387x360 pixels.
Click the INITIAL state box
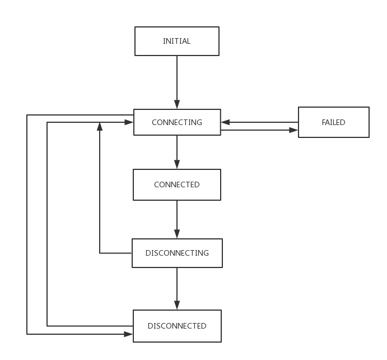(x=176, y=41)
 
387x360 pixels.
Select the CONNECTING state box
(x=177, y=122)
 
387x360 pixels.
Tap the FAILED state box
(x=333, y=122)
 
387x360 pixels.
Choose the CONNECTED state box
(x=177, y=184)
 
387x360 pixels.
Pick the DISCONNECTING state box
(x=177, y=253)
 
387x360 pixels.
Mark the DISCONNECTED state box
(x=177, y=326)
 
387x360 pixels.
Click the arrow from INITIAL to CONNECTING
(x=177, y=79)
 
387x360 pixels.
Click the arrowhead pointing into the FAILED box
(x=294, y=130)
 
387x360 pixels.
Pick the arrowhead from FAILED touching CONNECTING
(x=225, y=122)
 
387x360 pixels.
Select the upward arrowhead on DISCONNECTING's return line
(x=100, y=126)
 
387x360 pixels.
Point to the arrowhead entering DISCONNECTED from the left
(x=129, y=334)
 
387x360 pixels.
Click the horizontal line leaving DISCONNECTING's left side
(x=116, y=253)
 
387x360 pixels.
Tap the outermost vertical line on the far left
(x=27, y=224)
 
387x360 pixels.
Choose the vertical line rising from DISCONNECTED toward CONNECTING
(x=47, y=224)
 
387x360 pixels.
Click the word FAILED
(x=333, y=122)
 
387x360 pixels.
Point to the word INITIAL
(x=176, y=41)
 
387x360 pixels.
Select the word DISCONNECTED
(x=177, y=326)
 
